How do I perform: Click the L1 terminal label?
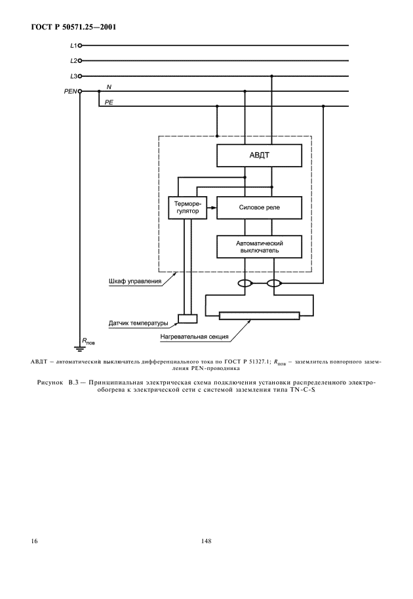pyautogui.click(x=73, y=45)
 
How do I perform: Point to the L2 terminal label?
pyautogui.click(x=73, y=61)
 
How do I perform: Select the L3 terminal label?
pyautogui.click(x=73, y=76)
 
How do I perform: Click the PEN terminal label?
pyautogui.click(x=70, y=91)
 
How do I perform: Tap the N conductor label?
pyautogui.click(x=109, y=87)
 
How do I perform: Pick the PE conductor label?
pyautogui.click(x=109, y=102)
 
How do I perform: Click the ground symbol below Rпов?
pyautogui.click(x=80, y=348)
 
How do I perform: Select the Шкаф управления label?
pyautogui.click(x=135, y=281)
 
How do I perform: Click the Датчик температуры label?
pyautogui.click(x=138, y=323)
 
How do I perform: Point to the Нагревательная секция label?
pyautogui.click(x=194, y=337)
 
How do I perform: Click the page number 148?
pyautogui.click(x=206, y=541)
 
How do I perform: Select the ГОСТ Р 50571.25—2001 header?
pyautogui.click(x=73, y=27)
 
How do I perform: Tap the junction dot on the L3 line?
pyautogui.click(x=272, y=76)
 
